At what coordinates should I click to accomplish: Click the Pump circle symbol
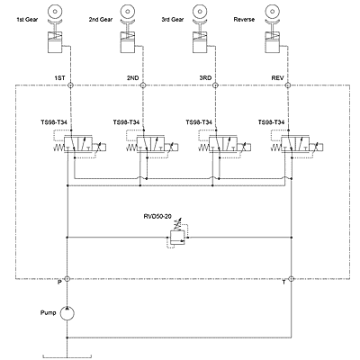click(x=67, y=313)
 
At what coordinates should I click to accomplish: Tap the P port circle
click(x=67, y=279)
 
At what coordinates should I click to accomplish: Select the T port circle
click(x=291, y=279)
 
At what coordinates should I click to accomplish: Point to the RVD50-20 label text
click(x=157, y=216)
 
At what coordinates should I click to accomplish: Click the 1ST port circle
click(x=70, y=85)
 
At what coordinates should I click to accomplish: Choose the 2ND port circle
click(x=143, y=85)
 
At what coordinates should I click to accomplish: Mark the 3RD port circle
click(x=215, y=85)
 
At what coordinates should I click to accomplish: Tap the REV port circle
click(x=288, y=85)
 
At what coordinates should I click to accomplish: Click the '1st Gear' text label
click(x=27, y=20)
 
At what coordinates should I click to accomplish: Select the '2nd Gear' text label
click(x=101, y=20)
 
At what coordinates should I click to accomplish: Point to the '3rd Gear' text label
click(x=173, y=20)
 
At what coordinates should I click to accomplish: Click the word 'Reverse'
click(x=244, y=20)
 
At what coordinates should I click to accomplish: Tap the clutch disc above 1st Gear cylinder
click(x=55, y=12)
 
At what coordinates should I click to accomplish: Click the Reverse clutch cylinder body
click(x=273, y=41)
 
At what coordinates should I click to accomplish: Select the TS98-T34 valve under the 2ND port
click(x=152, y=145)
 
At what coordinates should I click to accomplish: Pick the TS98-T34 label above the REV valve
click(x=271, y=122)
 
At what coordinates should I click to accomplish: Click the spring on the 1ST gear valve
click(x=58, y=148)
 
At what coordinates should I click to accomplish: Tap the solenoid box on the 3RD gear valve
click(x=247, y=148)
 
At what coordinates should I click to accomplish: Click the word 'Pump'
click(x=48, y=313)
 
